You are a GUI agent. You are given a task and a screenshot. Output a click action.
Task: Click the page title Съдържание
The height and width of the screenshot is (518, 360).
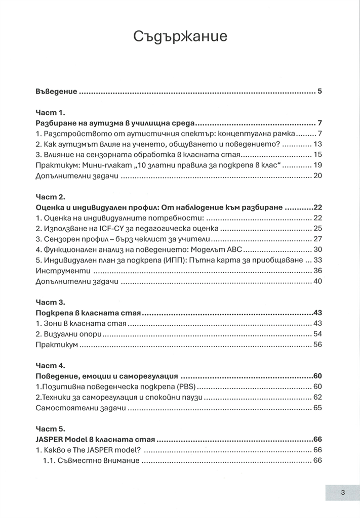(x=180, y=36)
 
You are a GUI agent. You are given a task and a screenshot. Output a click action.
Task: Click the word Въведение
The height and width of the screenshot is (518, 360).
(x=56, y=92)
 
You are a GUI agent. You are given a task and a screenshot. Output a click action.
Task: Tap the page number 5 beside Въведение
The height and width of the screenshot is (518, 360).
(x=320, y=92)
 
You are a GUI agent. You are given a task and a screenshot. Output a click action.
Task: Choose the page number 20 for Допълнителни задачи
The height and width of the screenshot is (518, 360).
(x=317, y=177)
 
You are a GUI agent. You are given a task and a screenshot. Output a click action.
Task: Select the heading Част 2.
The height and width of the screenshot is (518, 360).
(x=48, y=197)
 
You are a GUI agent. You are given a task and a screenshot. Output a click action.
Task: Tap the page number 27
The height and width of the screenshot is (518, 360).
(x=317, y=239)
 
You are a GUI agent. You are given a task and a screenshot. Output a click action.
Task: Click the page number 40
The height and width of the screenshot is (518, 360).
(x=317, y=282)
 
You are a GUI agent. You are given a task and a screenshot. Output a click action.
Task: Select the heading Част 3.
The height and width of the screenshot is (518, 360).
(x=48, y=303)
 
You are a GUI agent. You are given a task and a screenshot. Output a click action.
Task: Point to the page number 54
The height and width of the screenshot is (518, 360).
(x=317, y=334)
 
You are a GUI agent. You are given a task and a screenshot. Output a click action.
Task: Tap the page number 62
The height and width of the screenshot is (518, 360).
(x=317, y=398)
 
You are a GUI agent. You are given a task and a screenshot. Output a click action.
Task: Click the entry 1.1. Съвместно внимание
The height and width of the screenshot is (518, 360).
(x=91, y=461)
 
